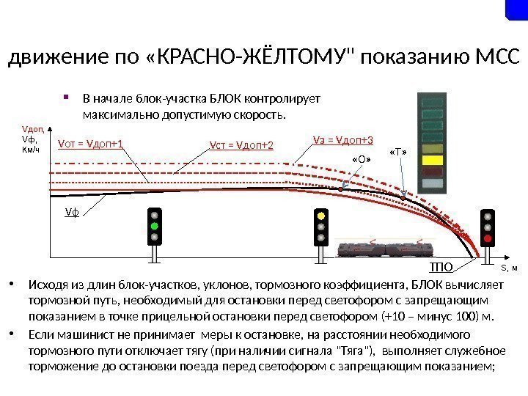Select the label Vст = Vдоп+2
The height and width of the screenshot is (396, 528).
click(x=241, y=144)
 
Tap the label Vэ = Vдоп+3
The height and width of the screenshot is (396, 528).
click(x=343, y=139)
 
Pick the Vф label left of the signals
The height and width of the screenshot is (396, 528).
click(x=71, y=212)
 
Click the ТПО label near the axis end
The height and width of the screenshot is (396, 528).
click(x=441, y=266)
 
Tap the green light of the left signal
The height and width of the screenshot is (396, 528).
click(x=155, y=227)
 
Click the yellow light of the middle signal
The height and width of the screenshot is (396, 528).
click(x=320, y=216)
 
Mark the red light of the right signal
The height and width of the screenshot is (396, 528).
click(x=487, y=238)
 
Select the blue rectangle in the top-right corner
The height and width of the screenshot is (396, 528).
click(x=517, y=9)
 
